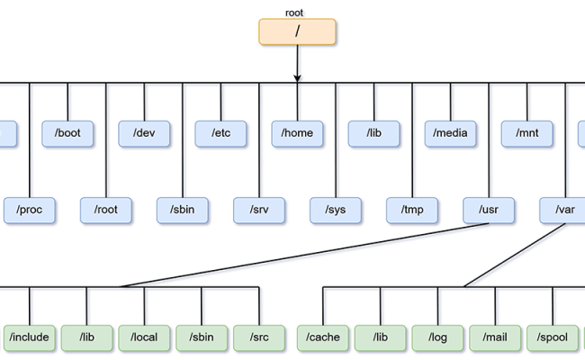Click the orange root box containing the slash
click(297, 31)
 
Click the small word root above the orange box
click(294, 13)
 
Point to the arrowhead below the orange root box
click(297, 78)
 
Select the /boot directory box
click(67, 133)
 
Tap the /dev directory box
click(144, 133)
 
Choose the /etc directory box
click(221, 133)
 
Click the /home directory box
click(297, 133)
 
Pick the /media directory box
click(451, 133)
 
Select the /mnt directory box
click(527, 133)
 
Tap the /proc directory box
click(29, 210)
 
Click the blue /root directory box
click(105, 210)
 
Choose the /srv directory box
click(259, 210)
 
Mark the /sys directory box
click(336, 210)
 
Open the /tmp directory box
click(412, 210)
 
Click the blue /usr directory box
click(489, 210)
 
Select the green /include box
click(29, 337)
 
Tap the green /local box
click(144, 337)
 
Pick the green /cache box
click(323, 337)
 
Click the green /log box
click(438, 337)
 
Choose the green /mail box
click(496, 337)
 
